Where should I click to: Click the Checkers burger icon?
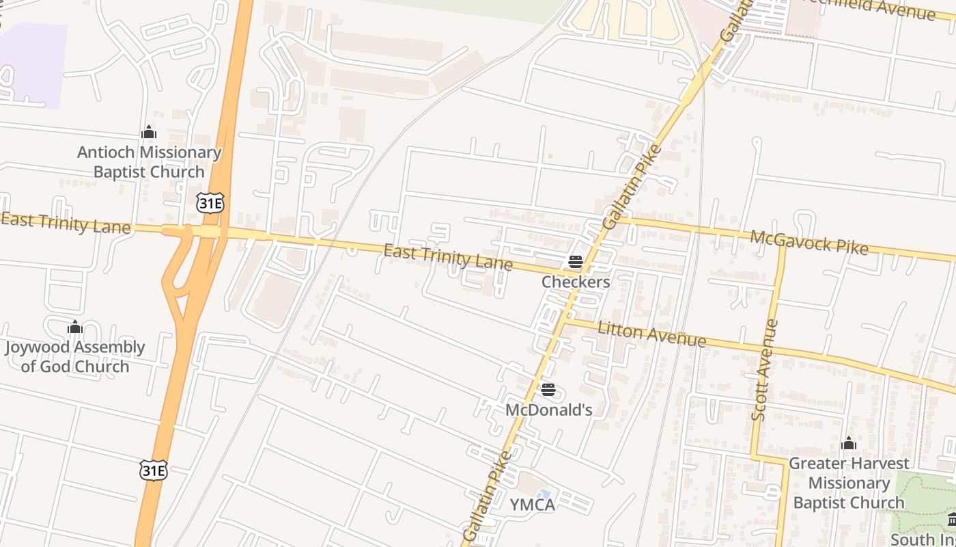(575, 262)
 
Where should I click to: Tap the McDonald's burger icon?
(548, 390)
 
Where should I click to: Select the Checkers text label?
(576, 282)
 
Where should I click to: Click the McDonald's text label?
(548, 410)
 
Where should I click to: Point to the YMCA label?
(533, 505)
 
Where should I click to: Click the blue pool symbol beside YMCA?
(544, 494)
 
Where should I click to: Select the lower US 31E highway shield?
(154, 470)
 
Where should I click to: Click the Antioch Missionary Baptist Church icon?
(149, 132)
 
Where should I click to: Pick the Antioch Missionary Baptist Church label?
(149, 162)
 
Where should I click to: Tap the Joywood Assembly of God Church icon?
(75, 328)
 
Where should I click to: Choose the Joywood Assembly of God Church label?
(75, 357)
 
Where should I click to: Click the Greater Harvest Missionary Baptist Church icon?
(849, 443)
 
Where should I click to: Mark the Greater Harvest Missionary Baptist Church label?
(849, 483)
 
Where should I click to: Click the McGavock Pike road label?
(809, 242)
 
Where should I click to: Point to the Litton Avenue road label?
(651, 334)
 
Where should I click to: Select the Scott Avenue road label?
(765, 370)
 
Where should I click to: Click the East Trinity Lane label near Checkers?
(448, 257)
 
